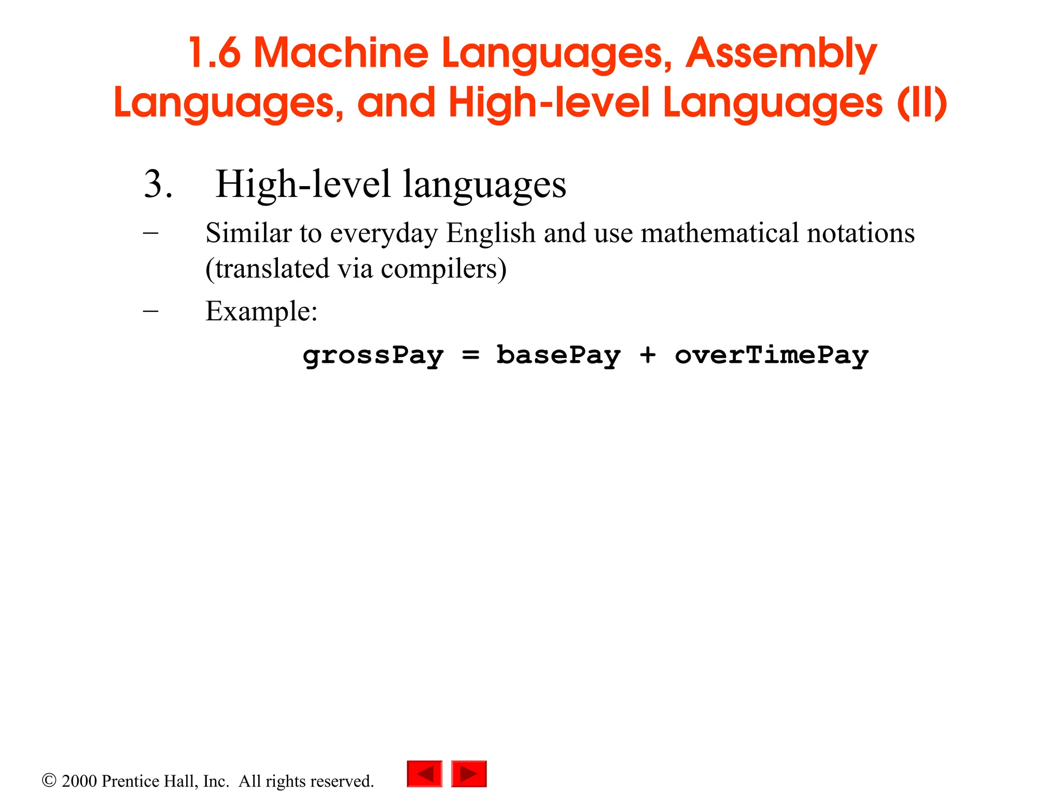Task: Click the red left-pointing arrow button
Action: click(425, 774)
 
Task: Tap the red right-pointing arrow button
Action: click(469, 774)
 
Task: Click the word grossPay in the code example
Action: click(373, 356)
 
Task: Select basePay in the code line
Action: click(558, 356)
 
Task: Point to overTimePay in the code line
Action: click(772, 356)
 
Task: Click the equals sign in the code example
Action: click(471, 356)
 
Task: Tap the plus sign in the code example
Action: click(648, 356)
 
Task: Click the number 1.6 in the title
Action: click(214, 53)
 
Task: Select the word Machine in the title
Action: click(341, 53)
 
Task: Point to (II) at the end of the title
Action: click(922, 103)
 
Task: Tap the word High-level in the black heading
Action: click(303, 184)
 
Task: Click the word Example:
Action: click(261, 311)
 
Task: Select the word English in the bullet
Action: click(491, 233)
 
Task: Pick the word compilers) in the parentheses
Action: click(443, 269)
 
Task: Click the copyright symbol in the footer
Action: click(49, 780)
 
